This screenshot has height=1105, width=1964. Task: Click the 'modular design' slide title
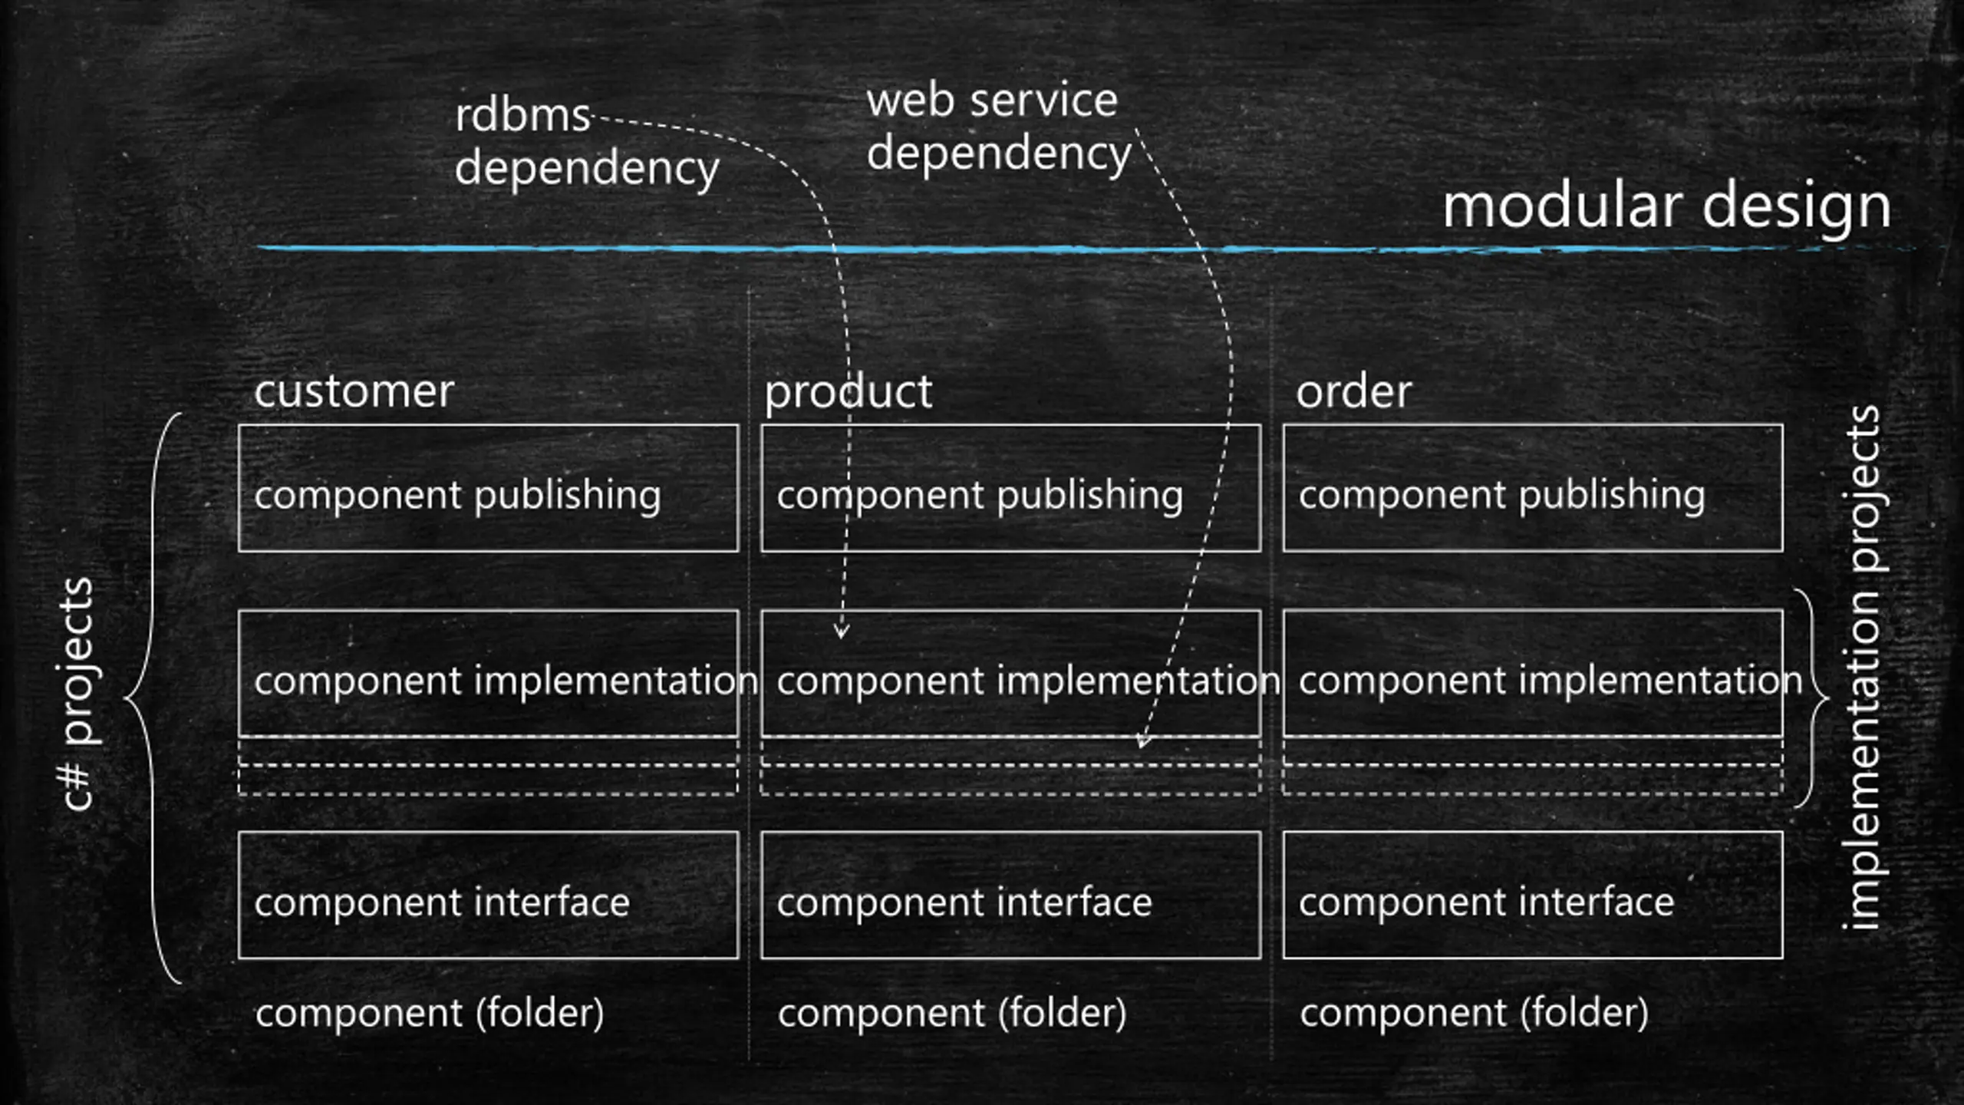[x=1666, y=207]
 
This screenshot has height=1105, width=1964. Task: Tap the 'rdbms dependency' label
[x=587, y=143]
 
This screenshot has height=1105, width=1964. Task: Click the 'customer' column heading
[x=354, y=391]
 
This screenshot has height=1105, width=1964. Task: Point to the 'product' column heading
[x=848, y=393]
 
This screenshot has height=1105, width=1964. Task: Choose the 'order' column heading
[x=1353, y=391]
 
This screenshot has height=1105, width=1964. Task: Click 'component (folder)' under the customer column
[x=430, y=1013]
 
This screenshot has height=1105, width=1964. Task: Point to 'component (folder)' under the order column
[x=1474, y=1013]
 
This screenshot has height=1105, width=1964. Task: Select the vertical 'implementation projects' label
[x=1861, y=668]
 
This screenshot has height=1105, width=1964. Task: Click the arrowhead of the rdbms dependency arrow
[x=842, y=632]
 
